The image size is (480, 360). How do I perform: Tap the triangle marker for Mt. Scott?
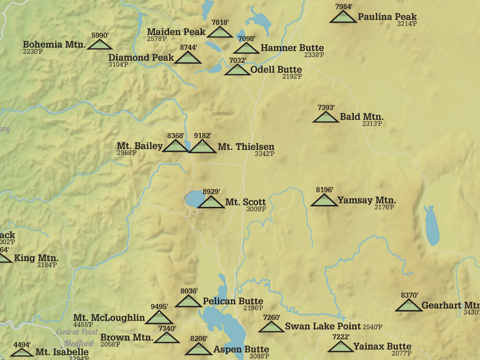(211, 203)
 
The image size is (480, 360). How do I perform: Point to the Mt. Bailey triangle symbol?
(175, 146)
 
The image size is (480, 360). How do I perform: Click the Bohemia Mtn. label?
(54, 45)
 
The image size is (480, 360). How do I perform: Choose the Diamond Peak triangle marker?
(188, 58)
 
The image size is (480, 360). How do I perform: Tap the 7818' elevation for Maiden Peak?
(220, 22)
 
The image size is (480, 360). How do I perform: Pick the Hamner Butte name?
(292, 48)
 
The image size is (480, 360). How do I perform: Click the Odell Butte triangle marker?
(237, 70)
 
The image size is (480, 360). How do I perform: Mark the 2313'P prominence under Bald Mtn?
(372, 124)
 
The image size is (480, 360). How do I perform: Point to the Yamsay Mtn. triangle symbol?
(324, 201)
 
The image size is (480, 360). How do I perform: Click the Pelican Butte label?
(233, 301)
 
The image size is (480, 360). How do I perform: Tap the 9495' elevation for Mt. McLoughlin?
(159, 307)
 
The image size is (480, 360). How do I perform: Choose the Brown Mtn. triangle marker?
(167, 338)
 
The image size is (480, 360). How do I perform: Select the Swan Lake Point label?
(315, 326)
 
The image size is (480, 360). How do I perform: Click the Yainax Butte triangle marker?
(341, 347)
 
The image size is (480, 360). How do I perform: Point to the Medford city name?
(79, 344)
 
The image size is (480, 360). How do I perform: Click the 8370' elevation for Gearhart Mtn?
(409, 295)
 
